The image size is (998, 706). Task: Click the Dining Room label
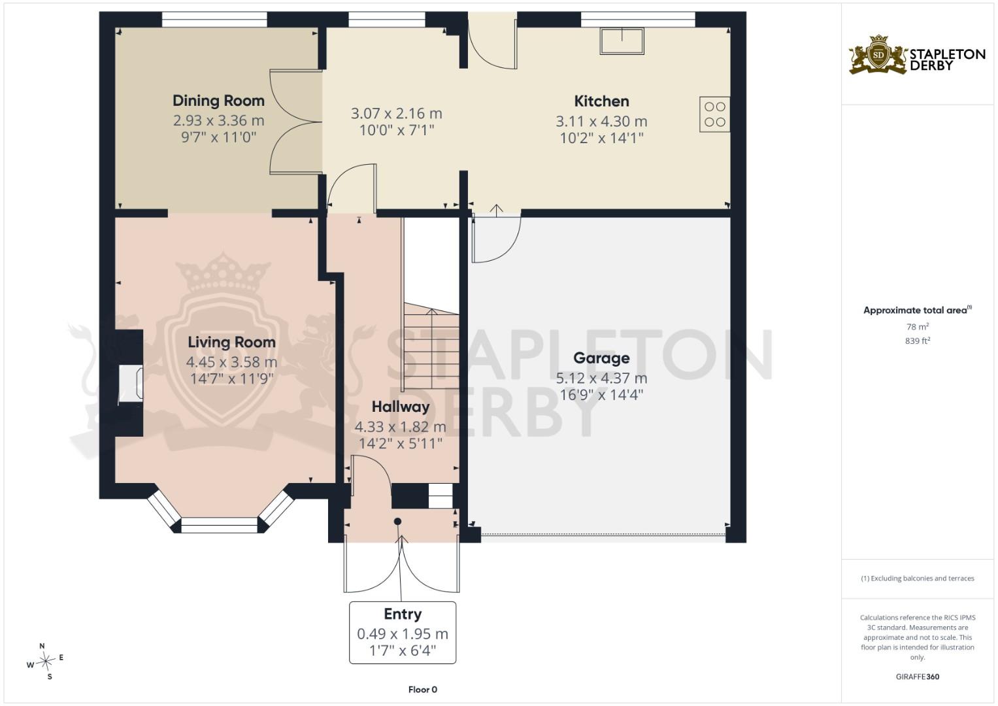(218, 101)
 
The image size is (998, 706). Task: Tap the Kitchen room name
(601, 101)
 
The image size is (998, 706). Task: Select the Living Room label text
(231, 343)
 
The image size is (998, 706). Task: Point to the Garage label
(601, 358)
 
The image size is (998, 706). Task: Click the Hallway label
(401, 407)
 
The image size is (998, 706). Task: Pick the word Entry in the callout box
(403, 614)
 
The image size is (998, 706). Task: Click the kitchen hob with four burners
(714, 114)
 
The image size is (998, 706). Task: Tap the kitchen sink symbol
(622, 41)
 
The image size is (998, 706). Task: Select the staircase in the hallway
(431, 345)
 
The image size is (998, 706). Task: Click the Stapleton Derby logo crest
(878, 56)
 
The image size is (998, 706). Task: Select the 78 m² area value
(918, 327)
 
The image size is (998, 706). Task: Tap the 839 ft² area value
(918, 341)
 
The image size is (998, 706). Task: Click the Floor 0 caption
(423, 690)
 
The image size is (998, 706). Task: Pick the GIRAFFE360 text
(918, 677)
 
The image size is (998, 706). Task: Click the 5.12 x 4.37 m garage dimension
(601, 378)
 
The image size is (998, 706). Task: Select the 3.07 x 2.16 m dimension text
(397, 114)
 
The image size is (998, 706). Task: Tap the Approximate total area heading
(918, 311)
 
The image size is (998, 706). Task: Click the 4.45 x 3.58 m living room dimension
(231, 362)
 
